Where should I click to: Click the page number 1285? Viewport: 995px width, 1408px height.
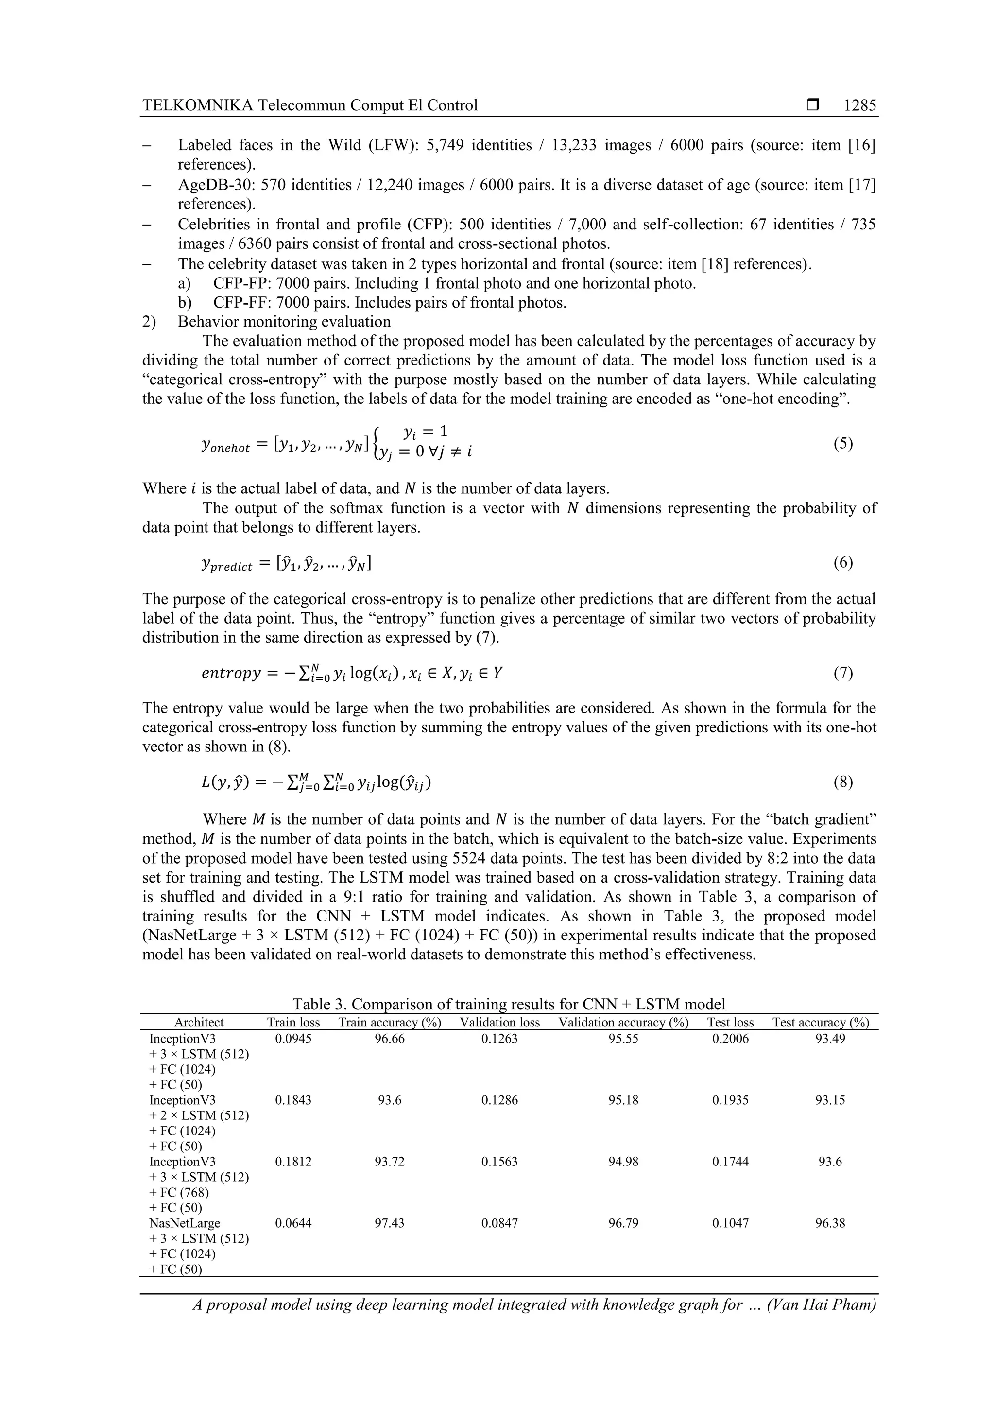(859, 105)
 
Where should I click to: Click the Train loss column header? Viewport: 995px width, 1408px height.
(293, 1022)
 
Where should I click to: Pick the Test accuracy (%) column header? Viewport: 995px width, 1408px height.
(820, 1022)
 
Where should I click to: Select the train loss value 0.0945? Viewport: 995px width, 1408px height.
(293, 1038)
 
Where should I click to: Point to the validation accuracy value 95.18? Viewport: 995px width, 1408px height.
(623, 1100)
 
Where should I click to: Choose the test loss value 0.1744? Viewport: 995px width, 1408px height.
(730, 1162)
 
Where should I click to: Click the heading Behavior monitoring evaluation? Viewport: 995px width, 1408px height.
(284, 322)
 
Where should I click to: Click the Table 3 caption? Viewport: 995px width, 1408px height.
(508, 1004)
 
